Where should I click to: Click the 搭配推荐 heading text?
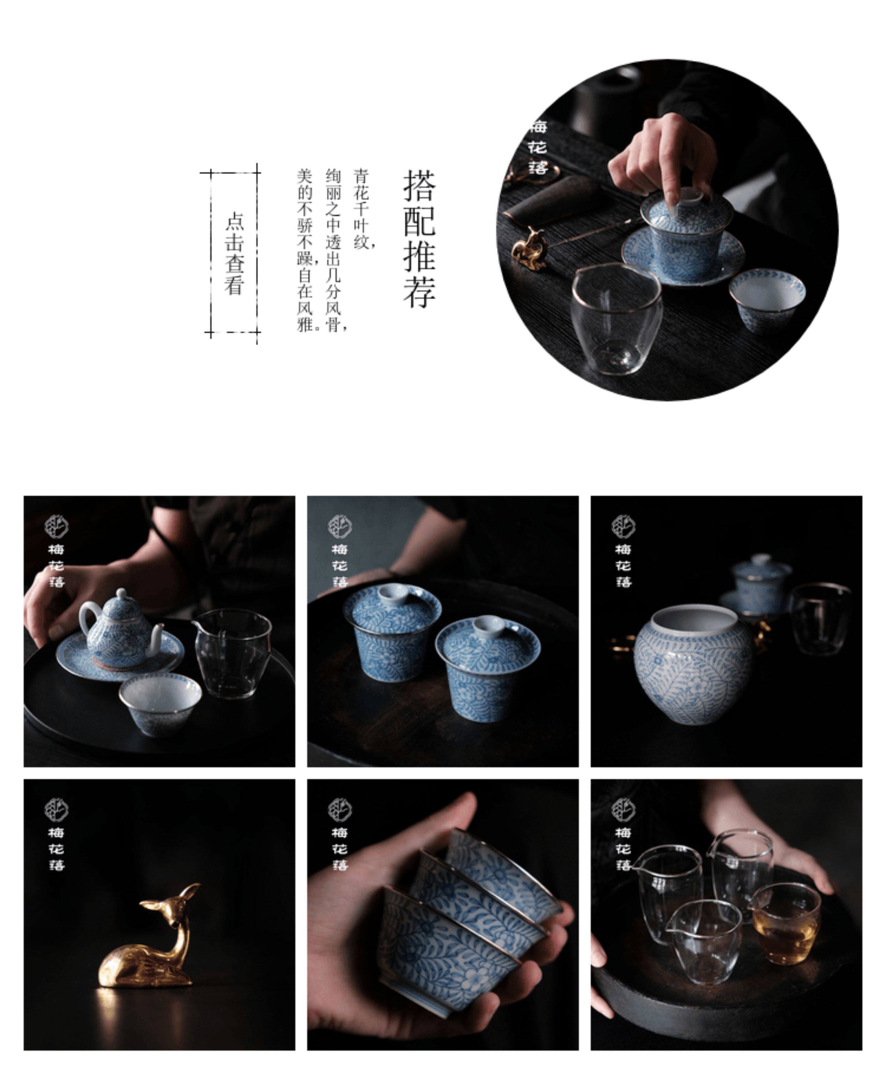pyautogui.click(x=419, y=239)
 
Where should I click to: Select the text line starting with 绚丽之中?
pyautogui.click(x=335, y=250)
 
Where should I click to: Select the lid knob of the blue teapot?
pyautogui.click(x=121, y=593)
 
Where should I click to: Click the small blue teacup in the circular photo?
pyautogui.click(x=767, y=299)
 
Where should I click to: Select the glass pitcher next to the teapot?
pyautogui.click(x=233, y=654)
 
